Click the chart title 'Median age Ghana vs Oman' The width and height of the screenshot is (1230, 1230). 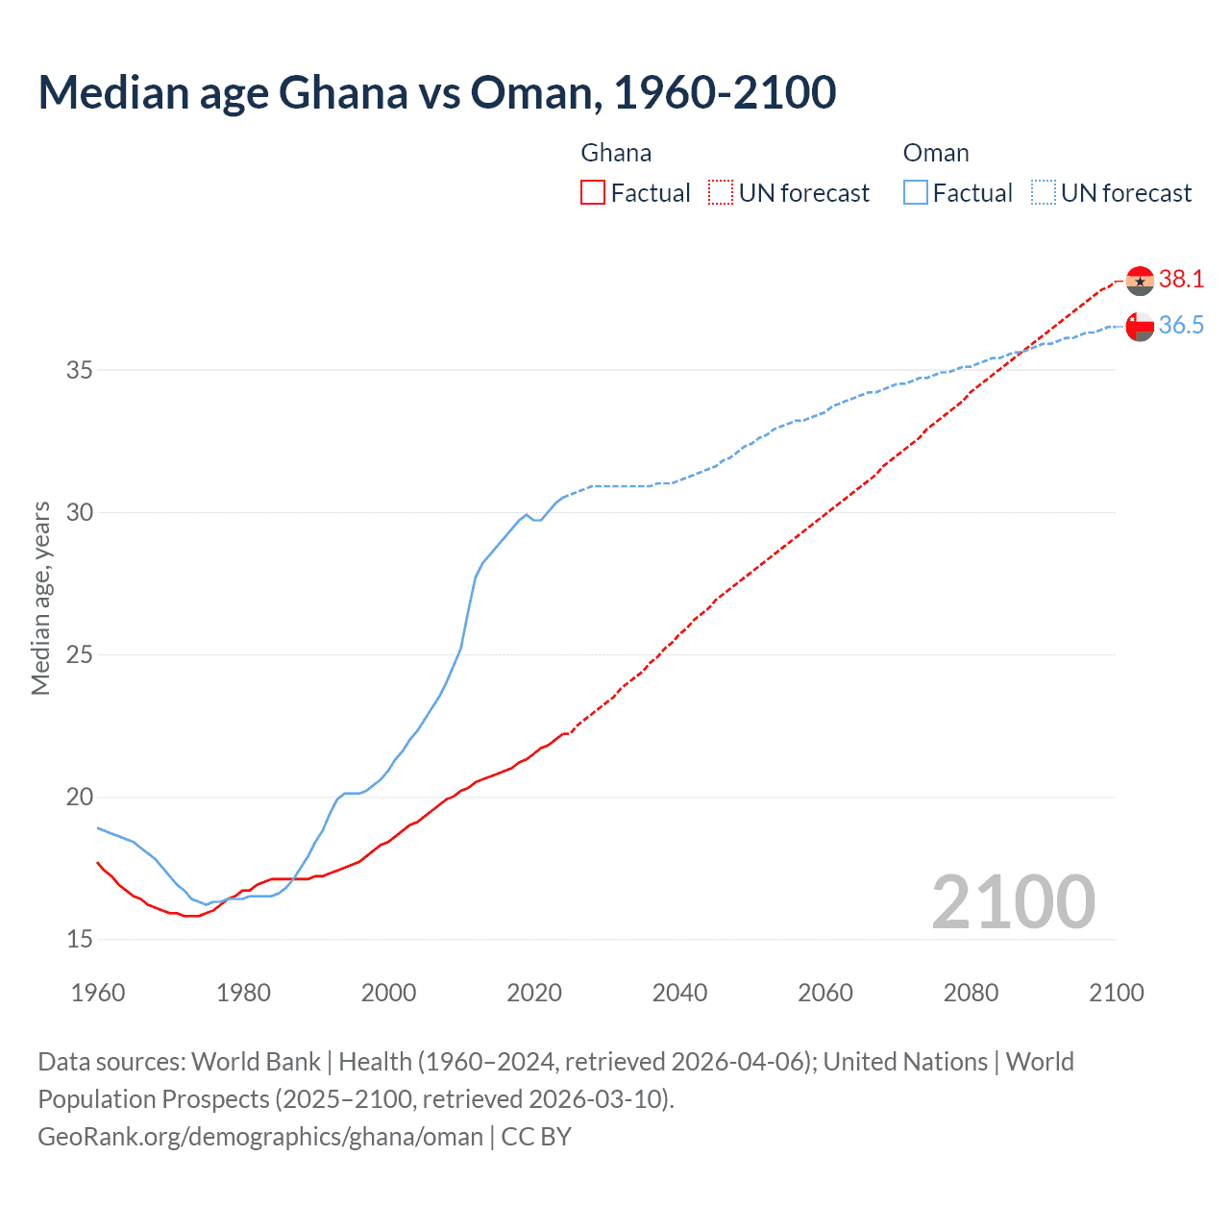[437, 92]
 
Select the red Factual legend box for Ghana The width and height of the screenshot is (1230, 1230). [593, 193]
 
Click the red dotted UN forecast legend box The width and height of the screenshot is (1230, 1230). [721, 193]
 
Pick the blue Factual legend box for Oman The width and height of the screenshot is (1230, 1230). [916, 193]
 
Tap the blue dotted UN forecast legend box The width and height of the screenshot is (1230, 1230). [1044, 193]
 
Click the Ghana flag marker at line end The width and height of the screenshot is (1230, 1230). [1140, 281]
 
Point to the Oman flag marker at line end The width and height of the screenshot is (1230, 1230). [1140, 327]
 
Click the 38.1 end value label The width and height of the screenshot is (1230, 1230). [1181, 280]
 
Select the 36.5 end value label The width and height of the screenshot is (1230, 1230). [1181, 326]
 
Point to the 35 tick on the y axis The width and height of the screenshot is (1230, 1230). [80, 370]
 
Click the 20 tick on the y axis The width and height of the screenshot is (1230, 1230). [80, 797]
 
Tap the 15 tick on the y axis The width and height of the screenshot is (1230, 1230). [80, 939]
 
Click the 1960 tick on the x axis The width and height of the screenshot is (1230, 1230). [98, 993]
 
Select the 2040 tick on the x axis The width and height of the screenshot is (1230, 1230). [679, 993]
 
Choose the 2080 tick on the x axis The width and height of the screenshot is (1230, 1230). [971, 993]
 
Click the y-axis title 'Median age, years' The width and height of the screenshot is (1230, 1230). [40, 598]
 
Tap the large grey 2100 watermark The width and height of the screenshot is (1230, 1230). [1013, 901]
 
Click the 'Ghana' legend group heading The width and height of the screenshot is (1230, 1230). [616, 153]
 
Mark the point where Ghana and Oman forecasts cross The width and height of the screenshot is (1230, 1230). [1024, 351]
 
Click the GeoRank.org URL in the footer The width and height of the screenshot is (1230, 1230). [260, 1137]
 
